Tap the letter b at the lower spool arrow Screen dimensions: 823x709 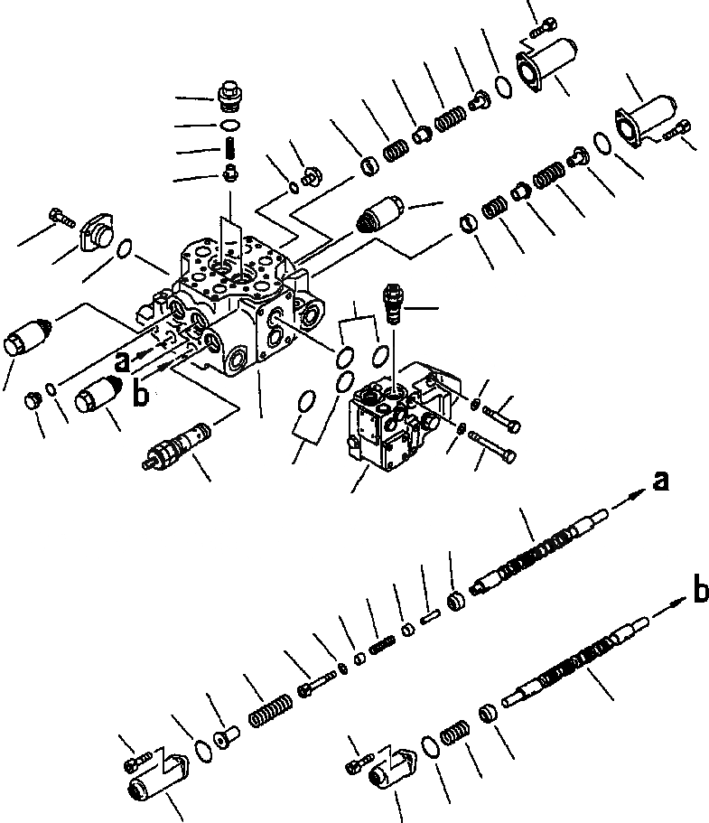click(x=699, y=592)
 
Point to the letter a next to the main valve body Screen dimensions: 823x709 click(x=121, y=362)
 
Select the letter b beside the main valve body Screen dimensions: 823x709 click(x=140, y=395)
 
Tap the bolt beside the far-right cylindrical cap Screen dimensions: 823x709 click(x=678, y=132)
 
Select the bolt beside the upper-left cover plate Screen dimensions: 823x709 click(x=59, y=215)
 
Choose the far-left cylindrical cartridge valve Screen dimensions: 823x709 click(x=26, y=337)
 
